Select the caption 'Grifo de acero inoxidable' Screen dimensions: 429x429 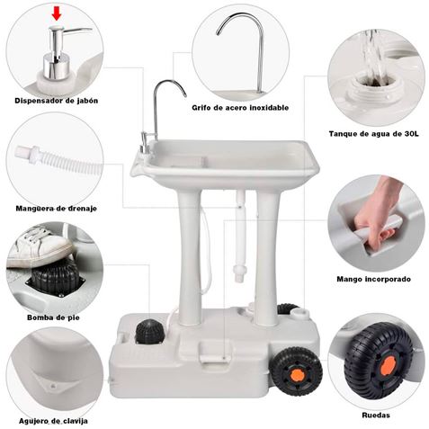point(240,107)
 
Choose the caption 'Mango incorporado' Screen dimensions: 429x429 point(372,279)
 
